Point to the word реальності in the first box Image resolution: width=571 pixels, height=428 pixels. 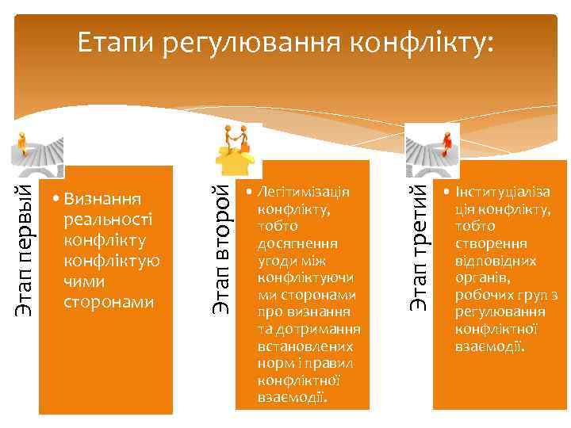pos(107,218)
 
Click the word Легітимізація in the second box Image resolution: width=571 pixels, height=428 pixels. pos(304,192)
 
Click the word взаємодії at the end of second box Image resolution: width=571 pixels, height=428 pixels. pos(290,396)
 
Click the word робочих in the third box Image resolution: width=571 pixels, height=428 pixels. pos(479,295)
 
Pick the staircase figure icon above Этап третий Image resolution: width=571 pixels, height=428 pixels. pos(433,146)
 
